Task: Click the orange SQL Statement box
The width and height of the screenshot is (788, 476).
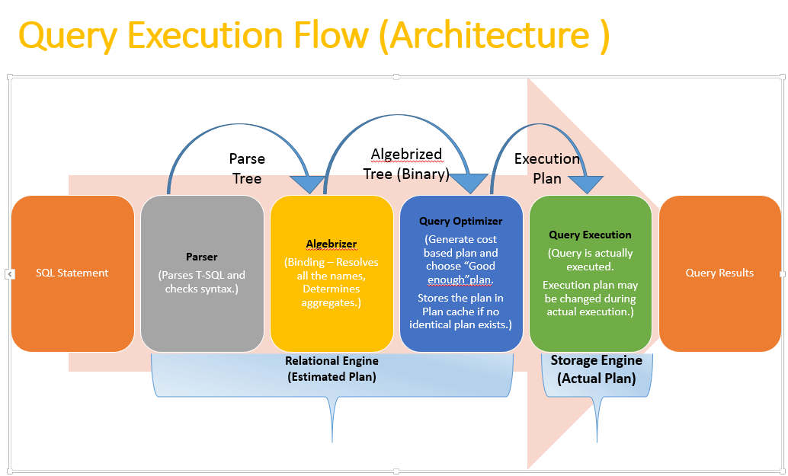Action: [x=72, y=273]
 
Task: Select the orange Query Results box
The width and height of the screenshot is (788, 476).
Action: [x=719, y=273]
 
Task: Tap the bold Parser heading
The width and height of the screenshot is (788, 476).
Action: [x=202, y=257]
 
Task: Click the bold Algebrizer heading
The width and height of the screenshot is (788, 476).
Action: [x=331, y=244]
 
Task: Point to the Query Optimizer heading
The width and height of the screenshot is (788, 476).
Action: [x=460, y=222]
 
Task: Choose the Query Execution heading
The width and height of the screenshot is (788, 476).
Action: [x=590, y=235]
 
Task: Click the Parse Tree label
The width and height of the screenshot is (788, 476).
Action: [x=247, y=168]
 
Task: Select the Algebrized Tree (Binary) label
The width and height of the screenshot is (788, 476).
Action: [x=406, y=164]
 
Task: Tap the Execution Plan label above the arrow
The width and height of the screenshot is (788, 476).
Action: [x=547, y=168]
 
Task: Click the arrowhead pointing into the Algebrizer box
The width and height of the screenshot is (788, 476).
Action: [x=308, y=184]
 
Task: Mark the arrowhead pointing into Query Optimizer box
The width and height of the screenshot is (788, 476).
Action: [x=469, y=183]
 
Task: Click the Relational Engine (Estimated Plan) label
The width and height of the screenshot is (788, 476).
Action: [x=332, y=369]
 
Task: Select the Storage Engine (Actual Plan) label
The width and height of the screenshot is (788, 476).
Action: [x=597, y=369]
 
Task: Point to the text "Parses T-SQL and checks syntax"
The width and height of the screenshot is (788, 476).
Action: [x=202, y=282]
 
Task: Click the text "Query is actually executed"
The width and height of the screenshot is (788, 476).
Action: [x=590, y=260]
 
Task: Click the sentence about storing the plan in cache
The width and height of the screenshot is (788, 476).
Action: [x=460, y=311]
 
